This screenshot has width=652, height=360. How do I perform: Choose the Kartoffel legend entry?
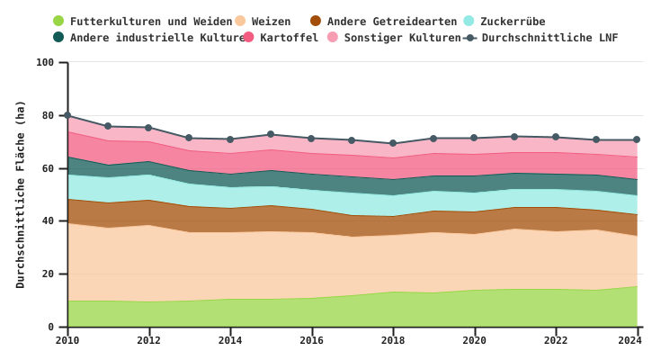pyautogui.click(x=289, y=37)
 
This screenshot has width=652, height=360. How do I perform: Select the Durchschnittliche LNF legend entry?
pyautogui.click(x=549, y=37)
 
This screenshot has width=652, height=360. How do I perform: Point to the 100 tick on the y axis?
pyautogui.click(x=45, y=62)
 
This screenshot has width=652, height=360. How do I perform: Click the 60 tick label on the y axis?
pyautogui.click(x=49, y=168)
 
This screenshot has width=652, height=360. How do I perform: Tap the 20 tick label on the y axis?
pyautogui.click(x=49, y=274)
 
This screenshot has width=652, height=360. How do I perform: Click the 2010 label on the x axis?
pyautogui.click(x=67, y=340)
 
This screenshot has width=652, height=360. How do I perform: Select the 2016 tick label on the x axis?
pyautogui.click(x=311, y=340)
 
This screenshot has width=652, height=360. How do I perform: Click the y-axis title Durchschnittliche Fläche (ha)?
pyautogui.click(x=21, y=193)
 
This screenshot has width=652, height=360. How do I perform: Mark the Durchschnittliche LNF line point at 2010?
pyautogui.click(x=67, y=115)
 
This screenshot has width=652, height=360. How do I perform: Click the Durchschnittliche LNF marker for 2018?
pyautogui.click(x=392, y=143)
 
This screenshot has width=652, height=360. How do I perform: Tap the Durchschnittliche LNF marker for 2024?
pyautogui.click(x=636, y=139)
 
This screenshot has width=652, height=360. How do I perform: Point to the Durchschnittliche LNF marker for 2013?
pyautogui.click(x=189, y=138)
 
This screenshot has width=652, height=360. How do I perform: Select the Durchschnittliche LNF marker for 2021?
pyautogui.click(x=514, y=137)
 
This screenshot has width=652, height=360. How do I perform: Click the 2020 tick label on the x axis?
pyautogui.click(x=474, y=340)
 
